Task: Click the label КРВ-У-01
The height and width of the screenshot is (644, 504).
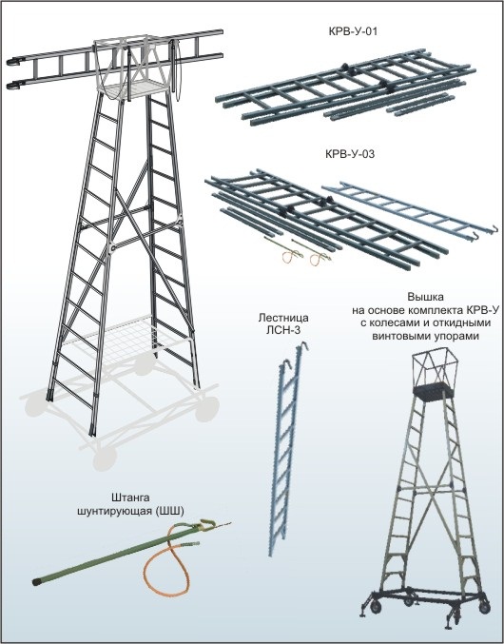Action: pyautogui.click(x=353, y=31)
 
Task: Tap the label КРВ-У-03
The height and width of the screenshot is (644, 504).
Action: pyautogui.click(x=350, y=154)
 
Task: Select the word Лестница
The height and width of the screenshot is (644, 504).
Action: pyautogui.click(x=283, y=318)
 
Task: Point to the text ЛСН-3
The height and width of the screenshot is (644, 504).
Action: pyautogui.click(x=283, y=329)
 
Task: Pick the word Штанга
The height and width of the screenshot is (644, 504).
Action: pyautogui.click(x=130, y=498)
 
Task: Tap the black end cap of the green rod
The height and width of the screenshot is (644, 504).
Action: pyautogui.click(x=36, y=581)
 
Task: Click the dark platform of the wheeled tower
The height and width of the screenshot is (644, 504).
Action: pyautogui.click(x=433, y=390)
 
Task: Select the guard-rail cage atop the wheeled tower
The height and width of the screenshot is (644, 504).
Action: pyautogui.click(x=433, y=366)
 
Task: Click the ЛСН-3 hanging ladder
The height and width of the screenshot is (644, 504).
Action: pyautogui.click(x=287, y=448)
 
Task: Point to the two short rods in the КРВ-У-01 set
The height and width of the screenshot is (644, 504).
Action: pyautogui.click(x=420, y=105)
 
